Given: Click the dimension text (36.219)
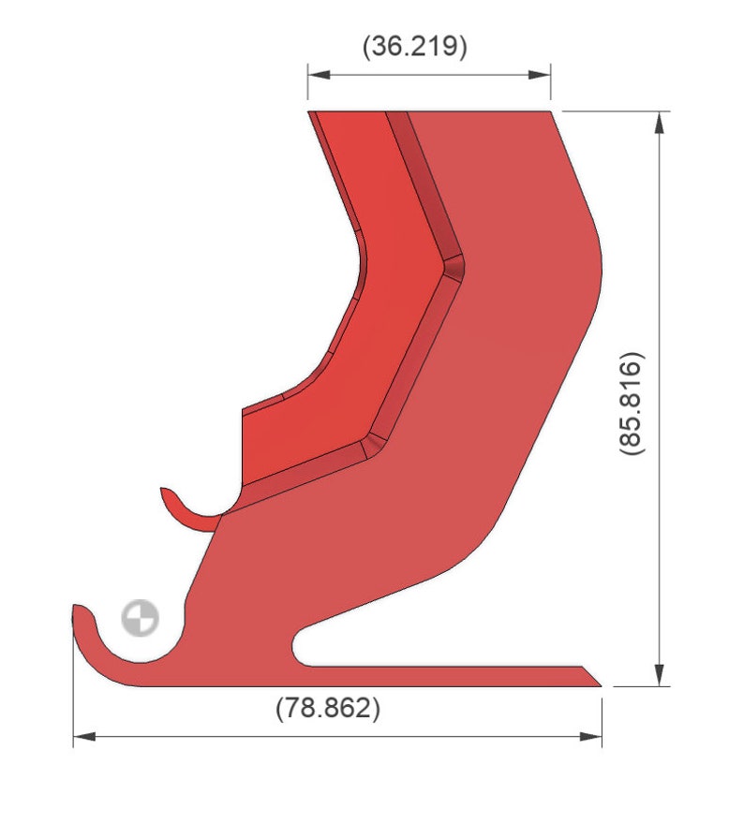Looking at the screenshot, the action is tap(414, 47).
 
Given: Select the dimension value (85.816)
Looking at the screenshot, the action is tap(631, 404).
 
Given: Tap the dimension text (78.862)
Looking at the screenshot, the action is tap(328, 708).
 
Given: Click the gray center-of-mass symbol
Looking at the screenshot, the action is tap(140, 617).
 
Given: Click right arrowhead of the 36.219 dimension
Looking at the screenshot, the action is tap(540, 75).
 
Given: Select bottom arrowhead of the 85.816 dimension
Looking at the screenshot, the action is tap(660, 674).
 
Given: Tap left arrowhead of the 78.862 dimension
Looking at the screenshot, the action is tap(84, 737).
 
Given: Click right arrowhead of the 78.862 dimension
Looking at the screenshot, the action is tap(590, 737).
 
